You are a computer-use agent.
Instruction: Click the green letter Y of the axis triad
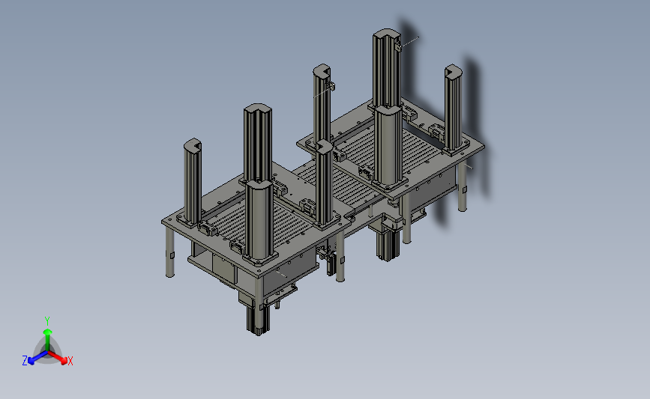point(46,321)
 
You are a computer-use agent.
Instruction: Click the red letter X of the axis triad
point(70,361)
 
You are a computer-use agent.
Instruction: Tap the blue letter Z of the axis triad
point(25,361)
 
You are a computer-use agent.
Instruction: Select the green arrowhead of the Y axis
point(47,332)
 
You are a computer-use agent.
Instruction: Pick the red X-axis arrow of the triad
point(57,358)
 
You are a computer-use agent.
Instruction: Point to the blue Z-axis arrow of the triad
point(38,358)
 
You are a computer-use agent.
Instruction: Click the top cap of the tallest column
point(386,34)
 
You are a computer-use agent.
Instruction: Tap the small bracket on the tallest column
point(398,46)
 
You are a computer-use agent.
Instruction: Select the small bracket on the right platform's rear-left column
point(331,86)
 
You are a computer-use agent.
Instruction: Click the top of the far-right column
point(453,71)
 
